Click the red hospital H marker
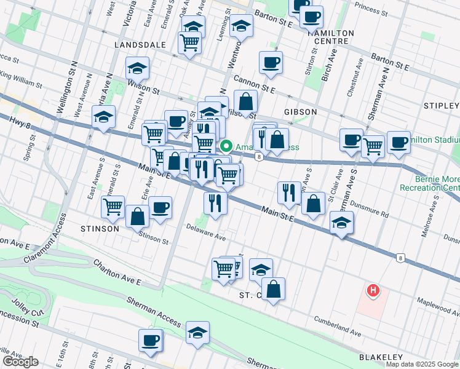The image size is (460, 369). point(371,290)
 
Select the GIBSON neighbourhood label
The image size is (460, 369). point(300,112)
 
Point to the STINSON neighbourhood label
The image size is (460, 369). point(99,228)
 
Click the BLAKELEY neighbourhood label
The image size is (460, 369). point(381,357)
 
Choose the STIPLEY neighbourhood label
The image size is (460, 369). point(442,106)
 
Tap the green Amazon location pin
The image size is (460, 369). point(226,147)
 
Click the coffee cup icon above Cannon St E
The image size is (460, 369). point(271,62)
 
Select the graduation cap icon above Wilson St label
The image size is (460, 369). point(138,68)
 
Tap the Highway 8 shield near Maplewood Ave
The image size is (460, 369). point(400,258)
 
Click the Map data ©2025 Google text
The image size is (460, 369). point(422,364)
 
